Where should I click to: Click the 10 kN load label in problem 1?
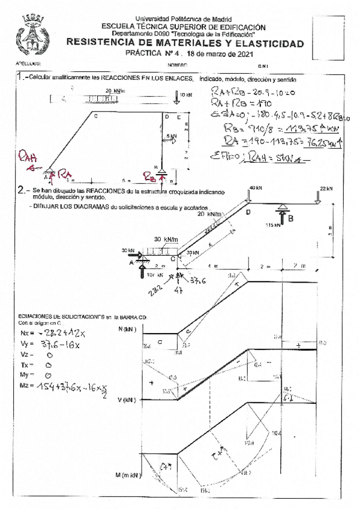point(186,95)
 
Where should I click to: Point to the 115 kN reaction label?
point(274,226)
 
